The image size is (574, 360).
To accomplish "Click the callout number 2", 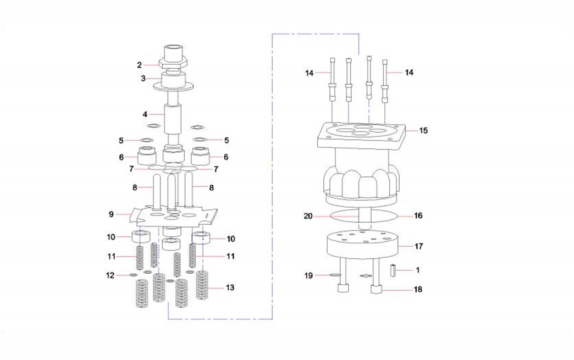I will [140, 65].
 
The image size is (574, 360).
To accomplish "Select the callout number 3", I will [143, 79].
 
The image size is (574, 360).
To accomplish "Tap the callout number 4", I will [145, 114].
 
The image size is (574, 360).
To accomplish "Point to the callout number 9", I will [111, 213].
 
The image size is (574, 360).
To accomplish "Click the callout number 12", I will [110, 275].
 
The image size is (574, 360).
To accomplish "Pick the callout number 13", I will [230, 287].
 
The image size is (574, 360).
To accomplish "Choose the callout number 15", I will [423, 131].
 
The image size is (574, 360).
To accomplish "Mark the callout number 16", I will [418, 215].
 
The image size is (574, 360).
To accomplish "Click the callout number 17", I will [419, 246].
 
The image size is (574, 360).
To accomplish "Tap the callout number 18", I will [419, 289].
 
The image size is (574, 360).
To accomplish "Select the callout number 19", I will [310, 275].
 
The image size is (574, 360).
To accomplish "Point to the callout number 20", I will [308, 216].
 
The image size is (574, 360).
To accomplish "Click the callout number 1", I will [417, 270].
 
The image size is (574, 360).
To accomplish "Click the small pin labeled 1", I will [394, 270].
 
